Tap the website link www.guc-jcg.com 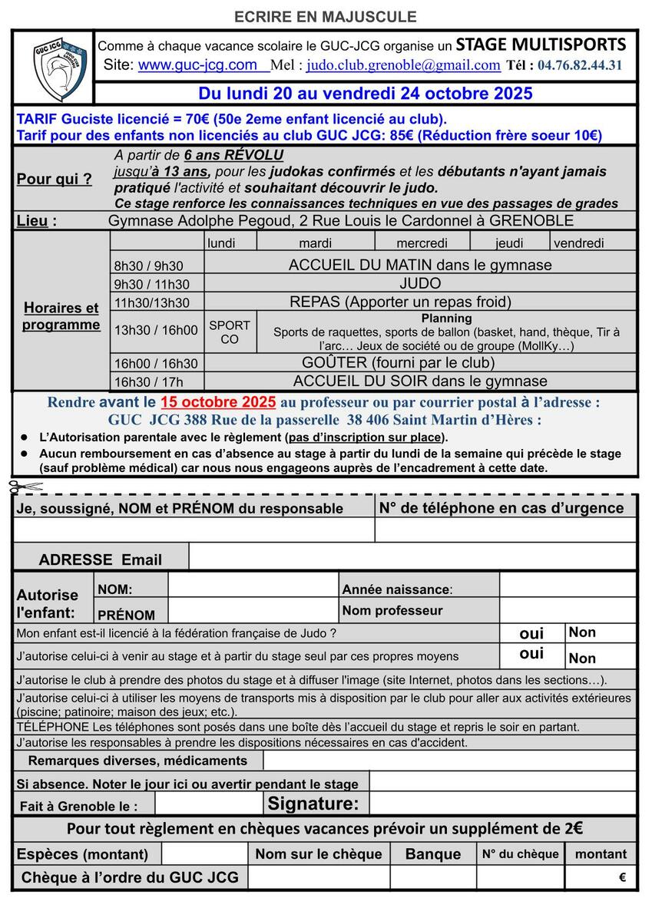[197, 65]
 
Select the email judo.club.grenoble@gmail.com [403, 66]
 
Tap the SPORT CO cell [230, 332]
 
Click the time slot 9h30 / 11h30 [151, 284]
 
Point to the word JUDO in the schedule [420, 283]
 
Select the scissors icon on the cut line [18, 486]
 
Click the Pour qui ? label [54, 180]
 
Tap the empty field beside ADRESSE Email [412, 558]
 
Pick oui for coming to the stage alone [531, 654]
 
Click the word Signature [313, 804]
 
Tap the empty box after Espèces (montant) [204, 853]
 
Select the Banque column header [433, 854]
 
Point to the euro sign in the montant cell [622, 877]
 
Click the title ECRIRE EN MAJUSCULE [326, 16]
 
